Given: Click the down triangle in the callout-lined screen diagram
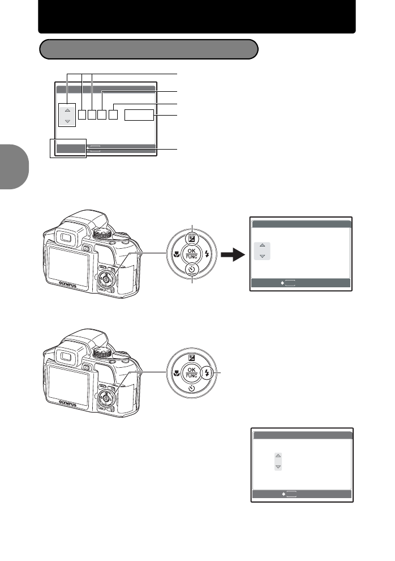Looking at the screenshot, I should tap(67, 121).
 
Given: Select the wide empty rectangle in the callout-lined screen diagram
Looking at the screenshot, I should tap(139, 116).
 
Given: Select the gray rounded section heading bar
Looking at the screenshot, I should tap(149, 49).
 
